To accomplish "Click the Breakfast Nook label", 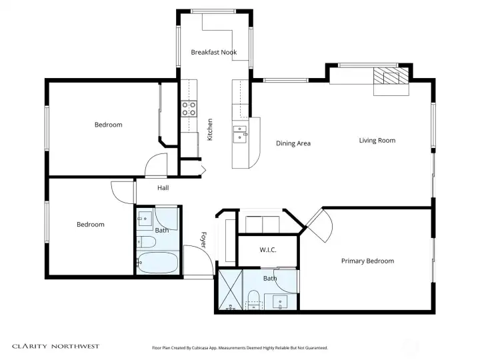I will pos(213,52).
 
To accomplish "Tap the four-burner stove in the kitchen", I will pos(189,108).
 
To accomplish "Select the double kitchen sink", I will pos(239,133).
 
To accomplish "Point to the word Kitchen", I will pos(210,129).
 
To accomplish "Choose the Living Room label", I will pos(377,141).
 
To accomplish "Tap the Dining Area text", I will pos(293,143).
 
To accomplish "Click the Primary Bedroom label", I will pos(367,261).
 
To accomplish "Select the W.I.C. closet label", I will pos(267,250).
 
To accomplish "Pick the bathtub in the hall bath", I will pos(158,262).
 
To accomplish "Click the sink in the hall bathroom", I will pos(144,219).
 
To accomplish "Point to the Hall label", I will pos(163,188).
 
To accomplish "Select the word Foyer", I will pos(204,240).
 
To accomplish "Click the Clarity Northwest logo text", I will pos(55,346).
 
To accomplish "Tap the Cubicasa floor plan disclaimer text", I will pos(240,348).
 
